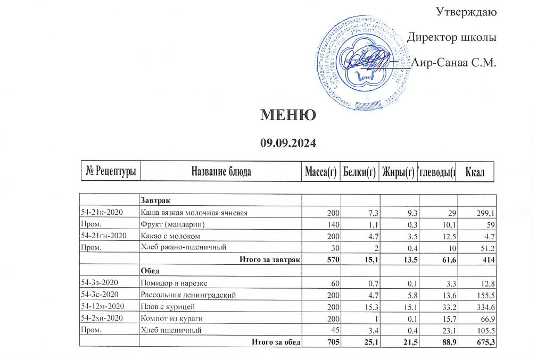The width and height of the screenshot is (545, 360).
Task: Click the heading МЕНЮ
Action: tap(288, 115)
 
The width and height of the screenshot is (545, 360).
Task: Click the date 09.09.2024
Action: tap(288, 143)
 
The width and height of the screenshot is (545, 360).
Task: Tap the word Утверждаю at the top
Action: tap(466, 11)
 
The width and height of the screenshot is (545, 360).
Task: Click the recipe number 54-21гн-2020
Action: tap(105, 236)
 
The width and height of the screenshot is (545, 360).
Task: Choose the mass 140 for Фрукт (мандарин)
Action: tap(332, 224)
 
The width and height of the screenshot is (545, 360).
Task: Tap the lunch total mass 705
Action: tap(331, 342)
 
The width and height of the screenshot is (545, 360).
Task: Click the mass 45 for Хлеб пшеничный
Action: tap(334, 330)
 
